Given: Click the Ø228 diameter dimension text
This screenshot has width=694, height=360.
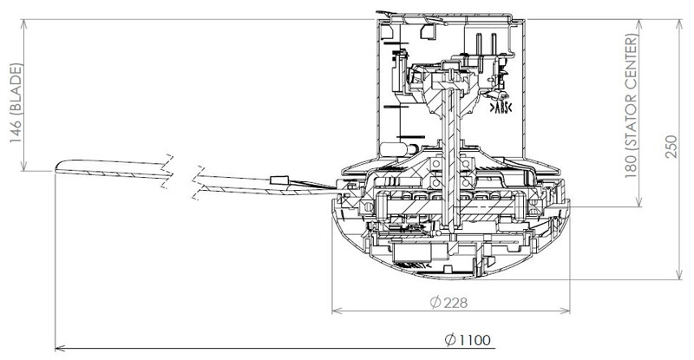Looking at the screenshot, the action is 448,303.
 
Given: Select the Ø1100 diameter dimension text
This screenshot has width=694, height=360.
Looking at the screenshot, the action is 468,340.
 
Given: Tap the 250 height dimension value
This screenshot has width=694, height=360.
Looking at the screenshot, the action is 671,146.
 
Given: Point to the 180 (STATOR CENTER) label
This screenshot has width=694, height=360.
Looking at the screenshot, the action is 632,106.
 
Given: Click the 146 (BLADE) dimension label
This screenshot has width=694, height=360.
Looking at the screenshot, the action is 16,103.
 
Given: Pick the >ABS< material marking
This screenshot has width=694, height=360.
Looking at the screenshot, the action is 501,108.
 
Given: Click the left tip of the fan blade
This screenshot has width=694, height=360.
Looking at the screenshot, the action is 56,167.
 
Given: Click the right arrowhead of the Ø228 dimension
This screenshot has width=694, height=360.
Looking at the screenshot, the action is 566,311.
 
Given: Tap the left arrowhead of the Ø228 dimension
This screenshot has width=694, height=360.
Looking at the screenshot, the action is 337,311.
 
